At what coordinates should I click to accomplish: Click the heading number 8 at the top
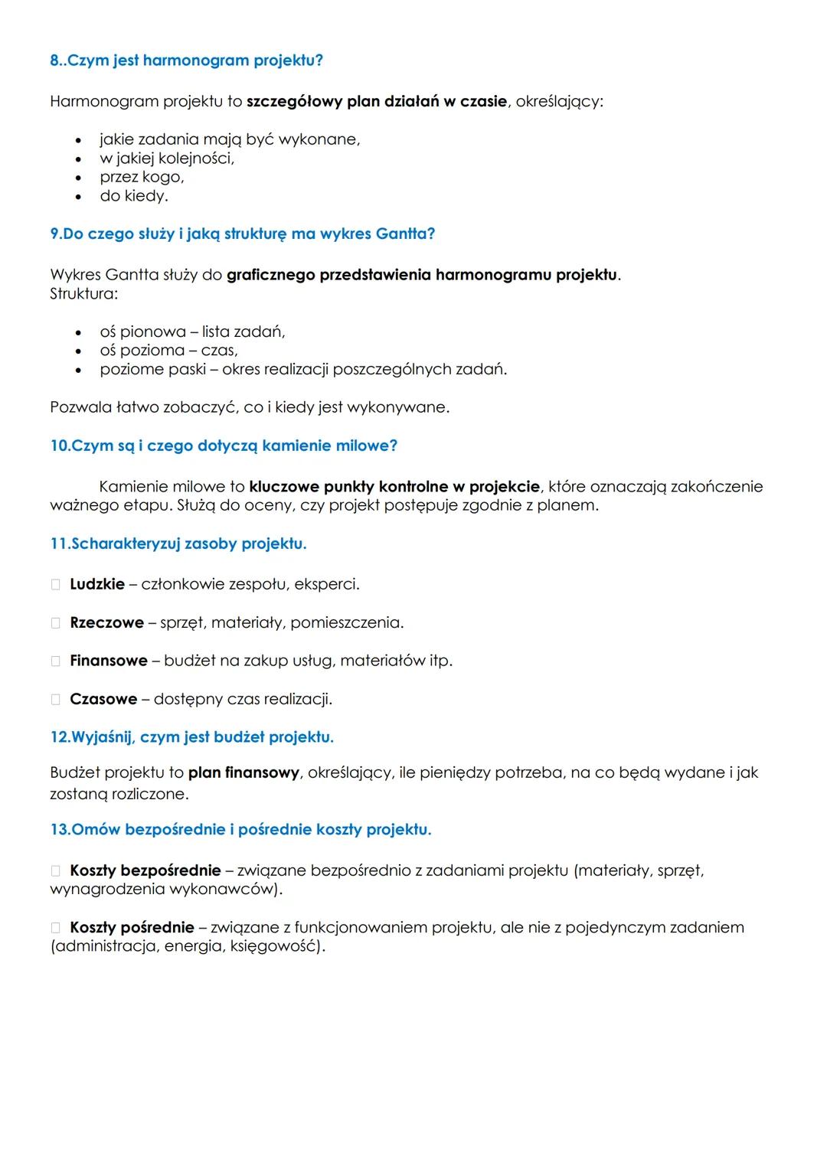click(54, 60)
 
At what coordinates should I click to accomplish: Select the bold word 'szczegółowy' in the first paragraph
click(294, 102)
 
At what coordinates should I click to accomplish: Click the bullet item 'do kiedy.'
click(133, 197)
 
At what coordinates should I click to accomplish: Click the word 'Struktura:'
click(83, 294)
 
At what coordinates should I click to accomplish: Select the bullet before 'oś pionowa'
click(78, 333)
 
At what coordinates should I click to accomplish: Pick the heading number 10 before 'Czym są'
click(59, 446)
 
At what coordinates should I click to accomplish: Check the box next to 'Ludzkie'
click(56, 585)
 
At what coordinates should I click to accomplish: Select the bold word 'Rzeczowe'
click(106, 623)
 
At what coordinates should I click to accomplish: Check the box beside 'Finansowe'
click(56, 661)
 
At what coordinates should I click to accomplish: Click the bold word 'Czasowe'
click(103, 700)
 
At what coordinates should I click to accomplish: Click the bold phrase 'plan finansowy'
click(244, 773)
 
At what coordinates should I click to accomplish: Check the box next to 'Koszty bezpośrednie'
click(56, 871)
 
